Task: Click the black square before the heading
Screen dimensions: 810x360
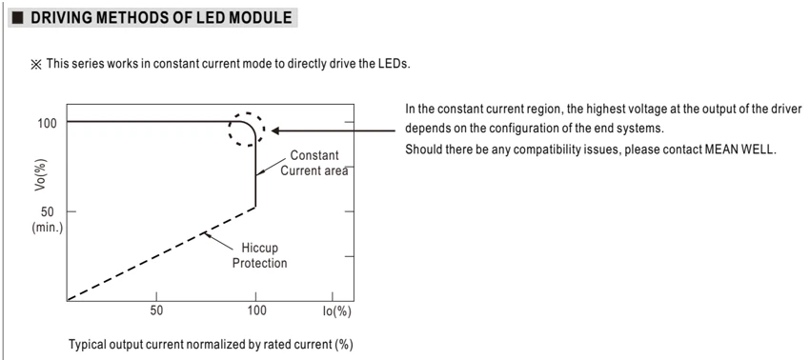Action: (17, 18)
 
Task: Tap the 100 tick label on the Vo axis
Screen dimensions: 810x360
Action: (47, 124)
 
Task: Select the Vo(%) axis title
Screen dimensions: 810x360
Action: (41, 174)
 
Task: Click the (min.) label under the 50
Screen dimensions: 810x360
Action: (47, 228)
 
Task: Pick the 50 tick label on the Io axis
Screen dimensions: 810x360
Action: (156, 310)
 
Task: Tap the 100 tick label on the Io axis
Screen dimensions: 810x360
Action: (256, 310)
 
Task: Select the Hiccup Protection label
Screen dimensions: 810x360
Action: (259, 255)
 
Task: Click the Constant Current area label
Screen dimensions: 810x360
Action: (314, 163)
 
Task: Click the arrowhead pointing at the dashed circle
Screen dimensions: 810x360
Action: (275, 130)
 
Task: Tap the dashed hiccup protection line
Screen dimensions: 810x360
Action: (161, 253)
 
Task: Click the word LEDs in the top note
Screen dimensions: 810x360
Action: (395, 65)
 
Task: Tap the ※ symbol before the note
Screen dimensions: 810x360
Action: (35, 65)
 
